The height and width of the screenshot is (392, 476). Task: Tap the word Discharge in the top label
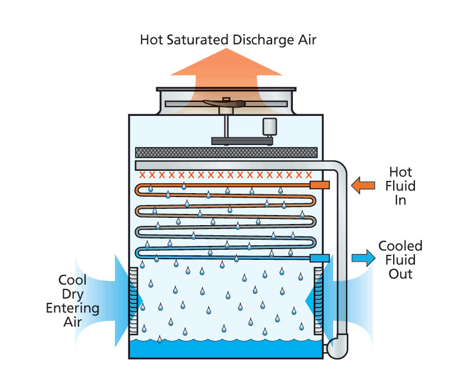point(264,40)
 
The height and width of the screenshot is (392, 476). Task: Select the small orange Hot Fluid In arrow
point(363,185)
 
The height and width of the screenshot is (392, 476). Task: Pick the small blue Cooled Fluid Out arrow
point(363,258)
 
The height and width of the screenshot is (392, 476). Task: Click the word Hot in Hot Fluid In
point(400,172)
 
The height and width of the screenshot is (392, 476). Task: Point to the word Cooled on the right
point(400,246)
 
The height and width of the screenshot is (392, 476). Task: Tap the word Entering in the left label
point(73,309)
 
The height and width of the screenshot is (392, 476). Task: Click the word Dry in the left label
point(73,294)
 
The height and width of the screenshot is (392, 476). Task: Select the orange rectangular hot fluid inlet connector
point(320,185)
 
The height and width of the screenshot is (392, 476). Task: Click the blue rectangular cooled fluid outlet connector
point(320,258)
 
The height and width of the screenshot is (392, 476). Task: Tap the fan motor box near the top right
point(269,127)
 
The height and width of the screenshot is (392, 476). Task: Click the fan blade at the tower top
point(224,104)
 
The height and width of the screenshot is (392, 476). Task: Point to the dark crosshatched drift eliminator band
point(226,152)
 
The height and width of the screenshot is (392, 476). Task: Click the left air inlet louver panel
point(134,301)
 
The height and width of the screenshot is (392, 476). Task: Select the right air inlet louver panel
point(318,301)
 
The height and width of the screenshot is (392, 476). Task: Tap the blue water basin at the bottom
point(226,349)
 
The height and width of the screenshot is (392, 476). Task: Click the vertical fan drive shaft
point(226,125)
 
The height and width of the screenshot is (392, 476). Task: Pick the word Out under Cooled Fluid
point(400,274)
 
